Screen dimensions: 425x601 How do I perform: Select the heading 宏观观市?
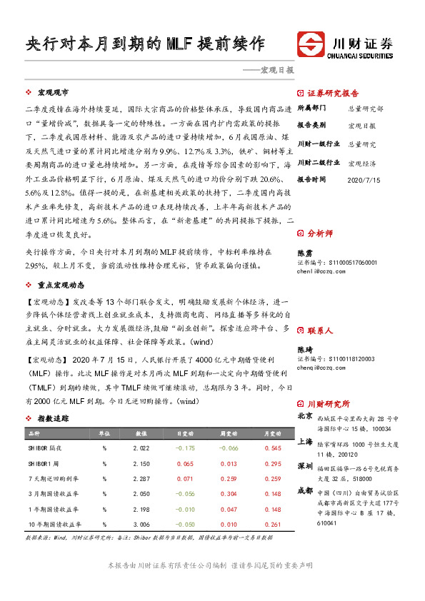point(54,93)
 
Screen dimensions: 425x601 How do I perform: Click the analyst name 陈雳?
point(304,253)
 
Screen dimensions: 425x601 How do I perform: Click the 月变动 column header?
point(272,433)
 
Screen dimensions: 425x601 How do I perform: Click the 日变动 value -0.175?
point(185,448)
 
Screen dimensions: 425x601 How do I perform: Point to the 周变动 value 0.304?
point(229,493)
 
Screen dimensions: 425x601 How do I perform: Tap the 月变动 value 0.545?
point(272,448)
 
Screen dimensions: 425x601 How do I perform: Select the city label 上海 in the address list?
point(305,442)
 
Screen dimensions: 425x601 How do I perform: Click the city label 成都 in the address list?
point(305,490)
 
